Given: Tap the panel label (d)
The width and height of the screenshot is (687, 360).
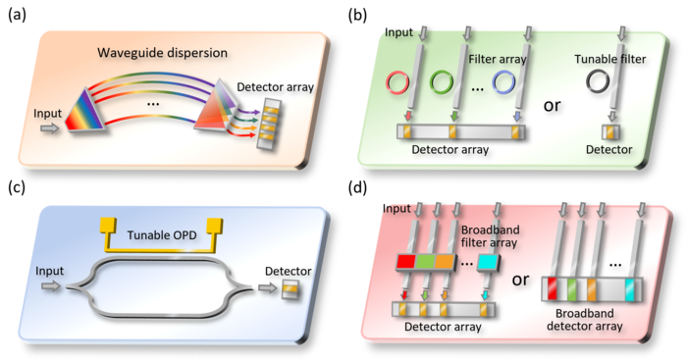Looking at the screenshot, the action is tap(357, 187).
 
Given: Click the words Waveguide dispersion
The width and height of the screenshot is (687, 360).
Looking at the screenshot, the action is tap(163, 53).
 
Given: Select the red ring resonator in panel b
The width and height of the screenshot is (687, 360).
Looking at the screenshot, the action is tap(397, 81).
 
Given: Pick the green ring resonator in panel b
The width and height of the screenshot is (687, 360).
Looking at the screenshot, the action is tap(442, 81).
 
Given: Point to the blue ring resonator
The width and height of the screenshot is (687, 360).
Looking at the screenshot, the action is tap(503, 81).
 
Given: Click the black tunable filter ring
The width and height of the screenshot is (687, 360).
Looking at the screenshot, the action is tap(598, 81).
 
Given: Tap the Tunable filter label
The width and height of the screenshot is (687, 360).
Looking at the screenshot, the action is tap(609, 59).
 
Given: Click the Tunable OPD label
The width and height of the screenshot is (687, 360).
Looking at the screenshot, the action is tap(162, 235).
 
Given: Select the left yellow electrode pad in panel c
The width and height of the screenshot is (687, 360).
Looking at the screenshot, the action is tap(109, 226).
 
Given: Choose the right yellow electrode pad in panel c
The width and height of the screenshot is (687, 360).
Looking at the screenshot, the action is tap(215, 226).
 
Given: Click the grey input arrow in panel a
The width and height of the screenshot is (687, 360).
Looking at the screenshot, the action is tap(49, 129).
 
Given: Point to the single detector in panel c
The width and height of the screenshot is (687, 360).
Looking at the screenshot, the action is tap(291, 289).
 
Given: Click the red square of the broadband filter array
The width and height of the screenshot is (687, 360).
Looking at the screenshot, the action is tap(405, 262).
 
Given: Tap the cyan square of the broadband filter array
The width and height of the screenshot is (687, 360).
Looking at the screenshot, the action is tap(488, 262).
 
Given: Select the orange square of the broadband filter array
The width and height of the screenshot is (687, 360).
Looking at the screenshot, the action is tap(444, 262).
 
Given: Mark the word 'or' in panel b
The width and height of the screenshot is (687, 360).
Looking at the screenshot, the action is tap(552, 106).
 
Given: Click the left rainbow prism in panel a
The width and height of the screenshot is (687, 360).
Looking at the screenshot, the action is tap(85, 110).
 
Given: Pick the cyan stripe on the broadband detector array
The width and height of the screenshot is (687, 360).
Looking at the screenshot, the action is tap(630, 290).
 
